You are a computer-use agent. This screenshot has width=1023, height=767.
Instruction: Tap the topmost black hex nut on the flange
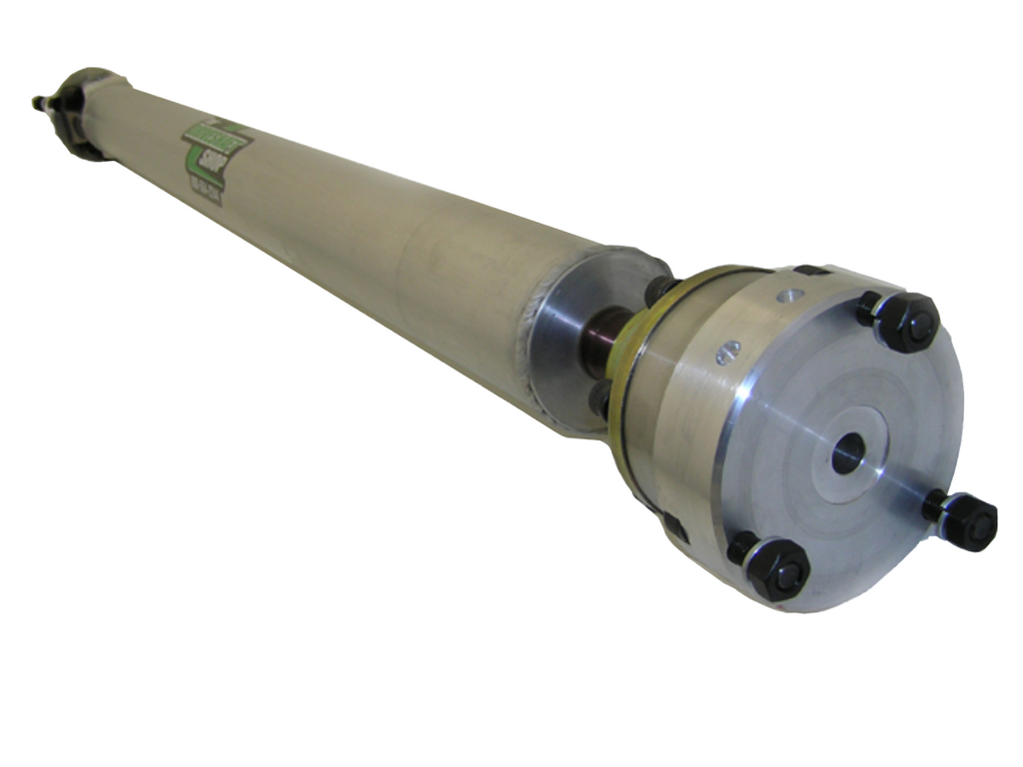click(x=906, y=322)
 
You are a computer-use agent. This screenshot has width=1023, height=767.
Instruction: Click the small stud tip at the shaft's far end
click(x=39, y=101)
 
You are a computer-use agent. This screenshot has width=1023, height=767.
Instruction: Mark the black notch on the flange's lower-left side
click(x=674, y=526)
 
